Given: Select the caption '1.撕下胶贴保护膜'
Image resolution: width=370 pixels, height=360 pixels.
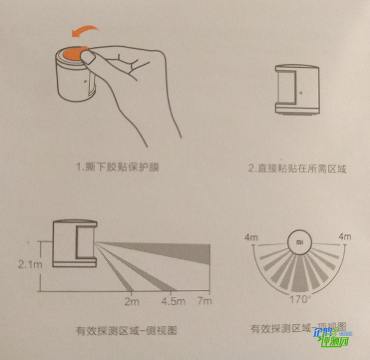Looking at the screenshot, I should (116, 168).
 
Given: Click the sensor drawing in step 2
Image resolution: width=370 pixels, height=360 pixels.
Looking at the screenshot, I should (297, 90).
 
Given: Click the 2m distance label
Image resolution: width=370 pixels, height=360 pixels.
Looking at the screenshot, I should (132, 301).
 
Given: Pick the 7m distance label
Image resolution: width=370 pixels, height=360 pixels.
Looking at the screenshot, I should (205, 301).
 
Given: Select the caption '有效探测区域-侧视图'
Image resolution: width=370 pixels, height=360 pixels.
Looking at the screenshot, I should (126, 331).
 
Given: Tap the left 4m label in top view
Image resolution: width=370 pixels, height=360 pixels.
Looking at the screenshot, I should (250, 237).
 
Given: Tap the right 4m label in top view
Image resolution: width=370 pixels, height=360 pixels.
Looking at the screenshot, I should (345, 237).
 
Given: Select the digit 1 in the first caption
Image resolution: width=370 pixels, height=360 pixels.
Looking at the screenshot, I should (79, 168).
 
